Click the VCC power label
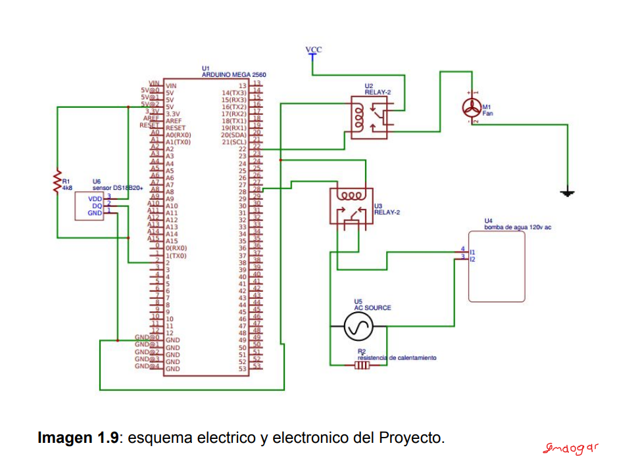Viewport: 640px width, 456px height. [314, 50]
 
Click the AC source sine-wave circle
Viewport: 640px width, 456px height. [359, 325]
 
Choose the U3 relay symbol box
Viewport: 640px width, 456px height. [350, 207]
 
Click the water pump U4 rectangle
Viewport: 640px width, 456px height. [497, 266]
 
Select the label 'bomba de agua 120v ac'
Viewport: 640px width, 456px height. [518, 227]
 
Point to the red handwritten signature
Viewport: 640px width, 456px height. [571, 448]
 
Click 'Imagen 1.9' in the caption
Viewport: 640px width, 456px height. [79, 438]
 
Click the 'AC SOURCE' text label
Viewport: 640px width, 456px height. [372, 308]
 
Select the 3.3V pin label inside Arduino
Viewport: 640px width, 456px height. [175, 114]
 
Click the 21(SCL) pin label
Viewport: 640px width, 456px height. [234, 142]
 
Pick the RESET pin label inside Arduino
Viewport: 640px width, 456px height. [176, 128]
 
